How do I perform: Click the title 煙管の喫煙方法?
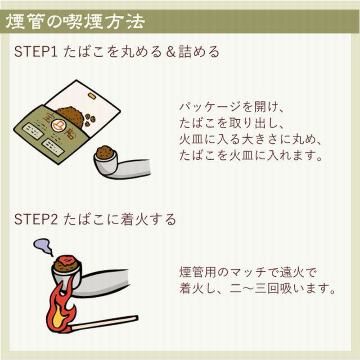[75, 22]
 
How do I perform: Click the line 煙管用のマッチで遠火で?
[248, 272]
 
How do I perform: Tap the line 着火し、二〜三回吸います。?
[258, 288]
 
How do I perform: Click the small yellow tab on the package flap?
[92, 96]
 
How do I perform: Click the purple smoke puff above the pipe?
[43, 245]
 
